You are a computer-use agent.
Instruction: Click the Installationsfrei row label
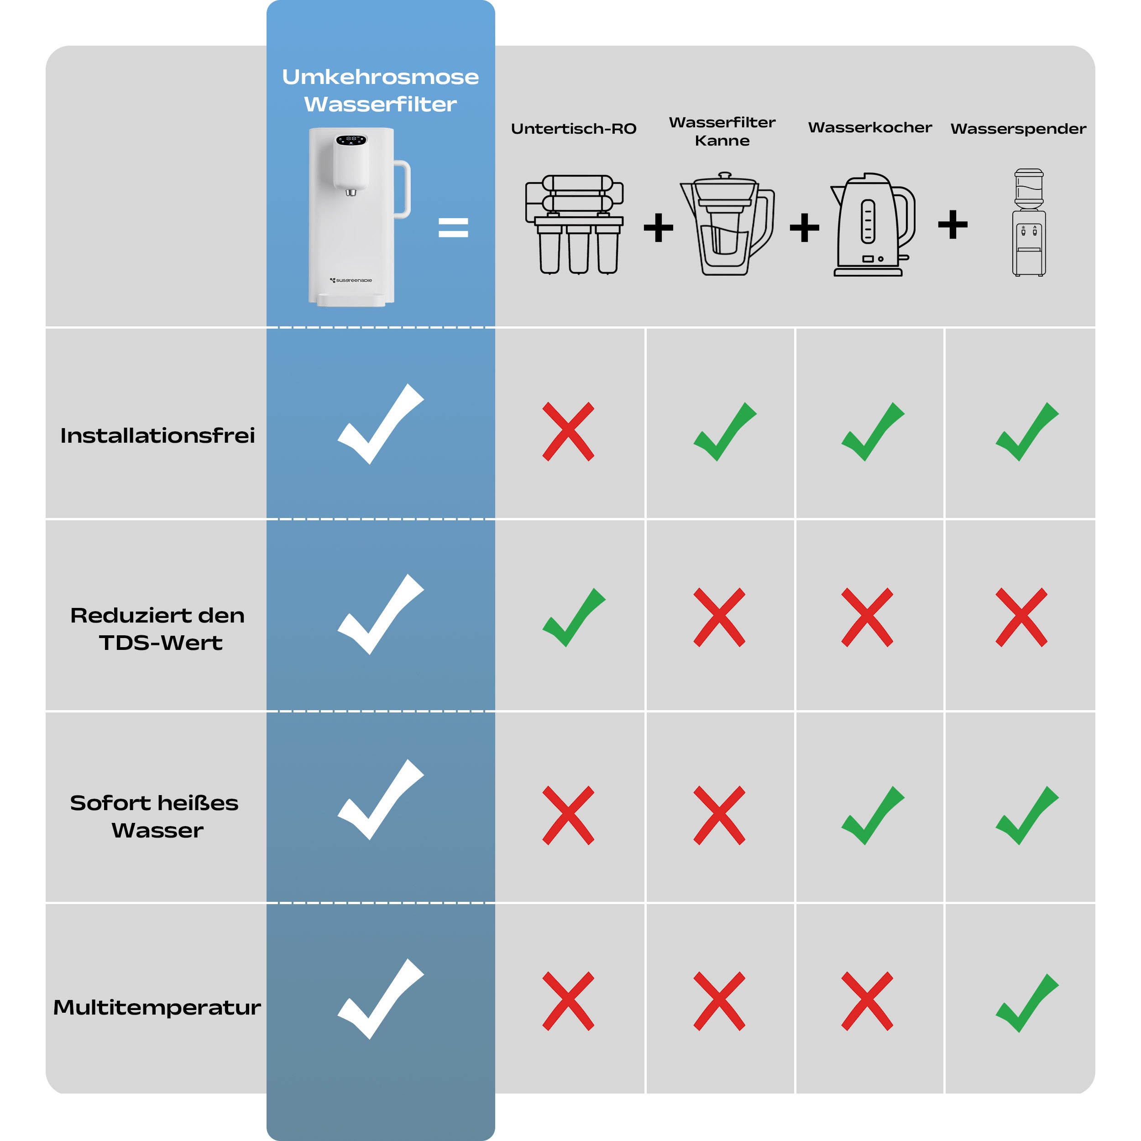(x=157, y=435)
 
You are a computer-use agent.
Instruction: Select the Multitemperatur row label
(x=157, y=1007)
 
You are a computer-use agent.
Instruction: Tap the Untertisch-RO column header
(x=573, y=129)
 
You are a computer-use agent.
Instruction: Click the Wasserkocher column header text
(x=870, y=128)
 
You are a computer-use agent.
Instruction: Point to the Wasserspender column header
(x=1018, y=129)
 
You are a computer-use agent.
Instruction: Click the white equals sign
(x=453, y=227)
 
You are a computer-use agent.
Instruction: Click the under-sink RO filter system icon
(x=574, y=225)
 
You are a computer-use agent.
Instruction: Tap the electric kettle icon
(x=873, y=225)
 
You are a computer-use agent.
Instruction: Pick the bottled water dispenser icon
(x=1029, y=223)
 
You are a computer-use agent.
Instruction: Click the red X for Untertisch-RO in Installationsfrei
(x=568, y=431)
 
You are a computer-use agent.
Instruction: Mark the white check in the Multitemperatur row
(x=380, y=999)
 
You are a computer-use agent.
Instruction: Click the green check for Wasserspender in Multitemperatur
(x=1027, y=1003)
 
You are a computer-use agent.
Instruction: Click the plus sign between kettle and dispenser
(x=953, y=225)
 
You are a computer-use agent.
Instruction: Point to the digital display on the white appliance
(x=351, y=140)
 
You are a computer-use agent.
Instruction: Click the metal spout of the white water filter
(x=351, y=192)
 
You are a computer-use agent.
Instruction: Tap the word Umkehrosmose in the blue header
(x=380, y=77)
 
